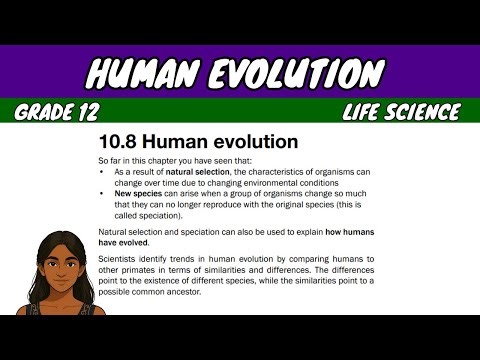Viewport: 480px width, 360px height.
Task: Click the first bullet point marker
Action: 103,173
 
